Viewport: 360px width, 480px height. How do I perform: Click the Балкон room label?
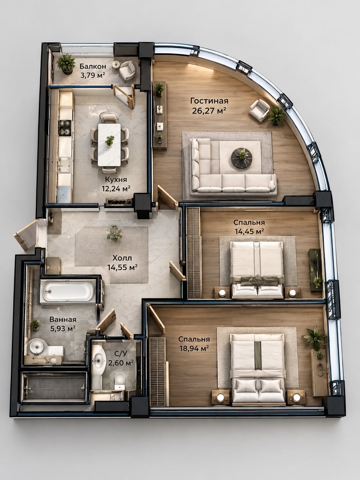tap(93, 66)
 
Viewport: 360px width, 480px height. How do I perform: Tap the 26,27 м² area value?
tap(209, 111)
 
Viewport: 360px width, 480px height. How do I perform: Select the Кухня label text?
tap(116, 180)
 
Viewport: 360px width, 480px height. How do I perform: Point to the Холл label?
tap(122, 258)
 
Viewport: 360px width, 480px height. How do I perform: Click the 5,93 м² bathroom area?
tap(63, 328)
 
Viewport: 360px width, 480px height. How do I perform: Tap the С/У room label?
tap(121, 354)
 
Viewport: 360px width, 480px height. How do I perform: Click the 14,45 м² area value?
tap(249, 231)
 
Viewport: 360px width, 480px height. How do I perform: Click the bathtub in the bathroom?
tap(68, 291)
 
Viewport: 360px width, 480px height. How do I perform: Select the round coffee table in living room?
tap(242, 158)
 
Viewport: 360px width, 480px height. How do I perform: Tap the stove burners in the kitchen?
tap(65, 128)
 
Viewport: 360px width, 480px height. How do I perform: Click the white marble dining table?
tap(109, 145)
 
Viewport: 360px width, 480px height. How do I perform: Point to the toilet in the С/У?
tap(120, 381)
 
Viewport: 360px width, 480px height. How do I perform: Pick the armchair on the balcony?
tap(127, 70)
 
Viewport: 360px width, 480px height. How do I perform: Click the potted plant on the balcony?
tap(66, 64)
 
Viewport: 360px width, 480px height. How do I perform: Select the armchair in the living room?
tap(259, 110)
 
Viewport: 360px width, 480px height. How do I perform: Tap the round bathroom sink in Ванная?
tap(36, 346)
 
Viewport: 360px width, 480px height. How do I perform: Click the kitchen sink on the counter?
tap(64, 165)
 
